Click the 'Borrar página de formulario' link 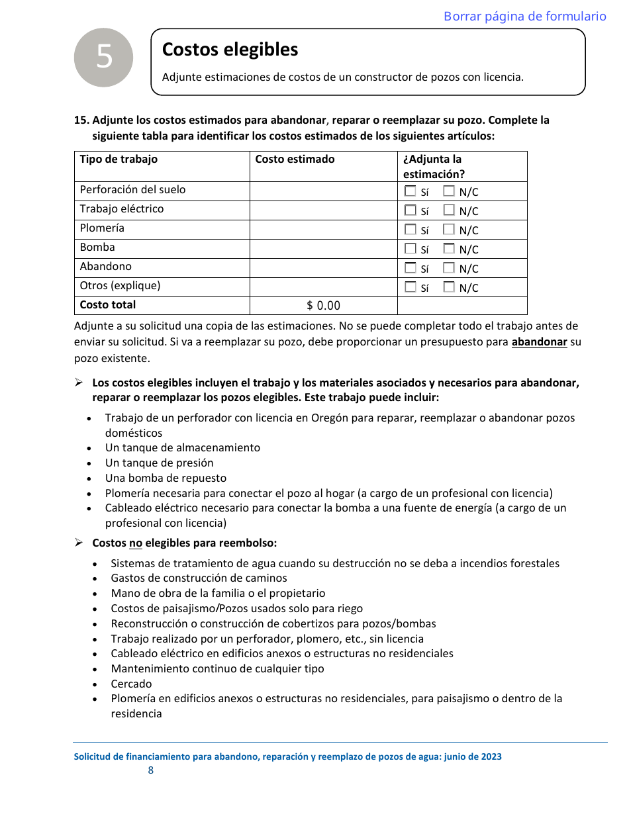click(x=524, y=17)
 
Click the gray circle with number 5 click(x=104, y=58)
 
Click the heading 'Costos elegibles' click(x=230, y=50)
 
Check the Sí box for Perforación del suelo click(x=411, y=191)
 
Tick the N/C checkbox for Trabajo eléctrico click(x=449, y=210)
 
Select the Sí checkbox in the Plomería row click(x=411, y=230)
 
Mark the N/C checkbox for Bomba click(x=449, y=249)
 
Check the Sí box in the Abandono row click(x=411, y=268)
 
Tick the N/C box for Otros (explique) click(x=449, y=287)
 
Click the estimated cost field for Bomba click(x=323, y=248)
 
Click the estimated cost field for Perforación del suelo click(x=323, y=191)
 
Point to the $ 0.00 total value click(x=323, y=306)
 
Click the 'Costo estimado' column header click(x=295, y=159)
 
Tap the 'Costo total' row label click(x=108, y=305)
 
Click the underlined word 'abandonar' click(x=539, y=343)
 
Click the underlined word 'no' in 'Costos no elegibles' click(x=135, y=543)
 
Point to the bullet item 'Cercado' click(x=131, y=684)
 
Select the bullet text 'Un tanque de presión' click(x=159, y=463)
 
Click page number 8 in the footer click(x=151, y=770)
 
